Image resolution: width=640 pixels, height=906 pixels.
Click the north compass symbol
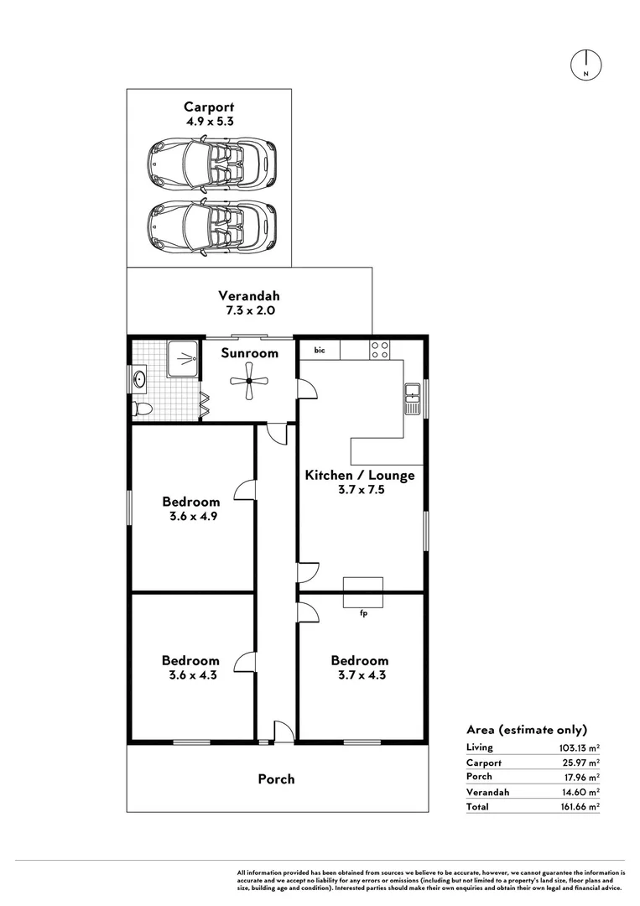(586, 65)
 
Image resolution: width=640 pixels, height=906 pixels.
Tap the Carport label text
(209, 107)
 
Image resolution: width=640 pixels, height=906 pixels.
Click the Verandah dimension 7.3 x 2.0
(249, 310)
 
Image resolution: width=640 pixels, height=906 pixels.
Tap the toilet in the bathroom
(143, 409)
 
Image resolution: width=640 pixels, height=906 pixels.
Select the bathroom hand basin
(138, 380)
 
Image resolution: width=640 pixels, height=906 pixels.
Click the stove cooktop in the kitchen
(379, 349)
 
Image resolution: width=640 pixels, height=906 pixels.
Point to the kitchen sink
(412, 398)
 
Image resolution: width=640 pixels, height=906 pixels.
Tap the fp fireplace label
(363, 613)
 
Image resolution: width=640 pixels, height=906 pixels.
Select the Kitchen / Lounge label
(359, 476)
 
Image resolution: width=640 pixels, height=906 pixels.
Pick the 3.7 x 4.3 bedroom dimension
(359, 674)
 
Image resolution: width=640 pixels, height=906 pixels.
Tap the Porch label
(276, 779)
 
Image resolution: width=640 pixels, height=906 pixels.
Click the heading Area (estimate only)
(526, 729)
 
